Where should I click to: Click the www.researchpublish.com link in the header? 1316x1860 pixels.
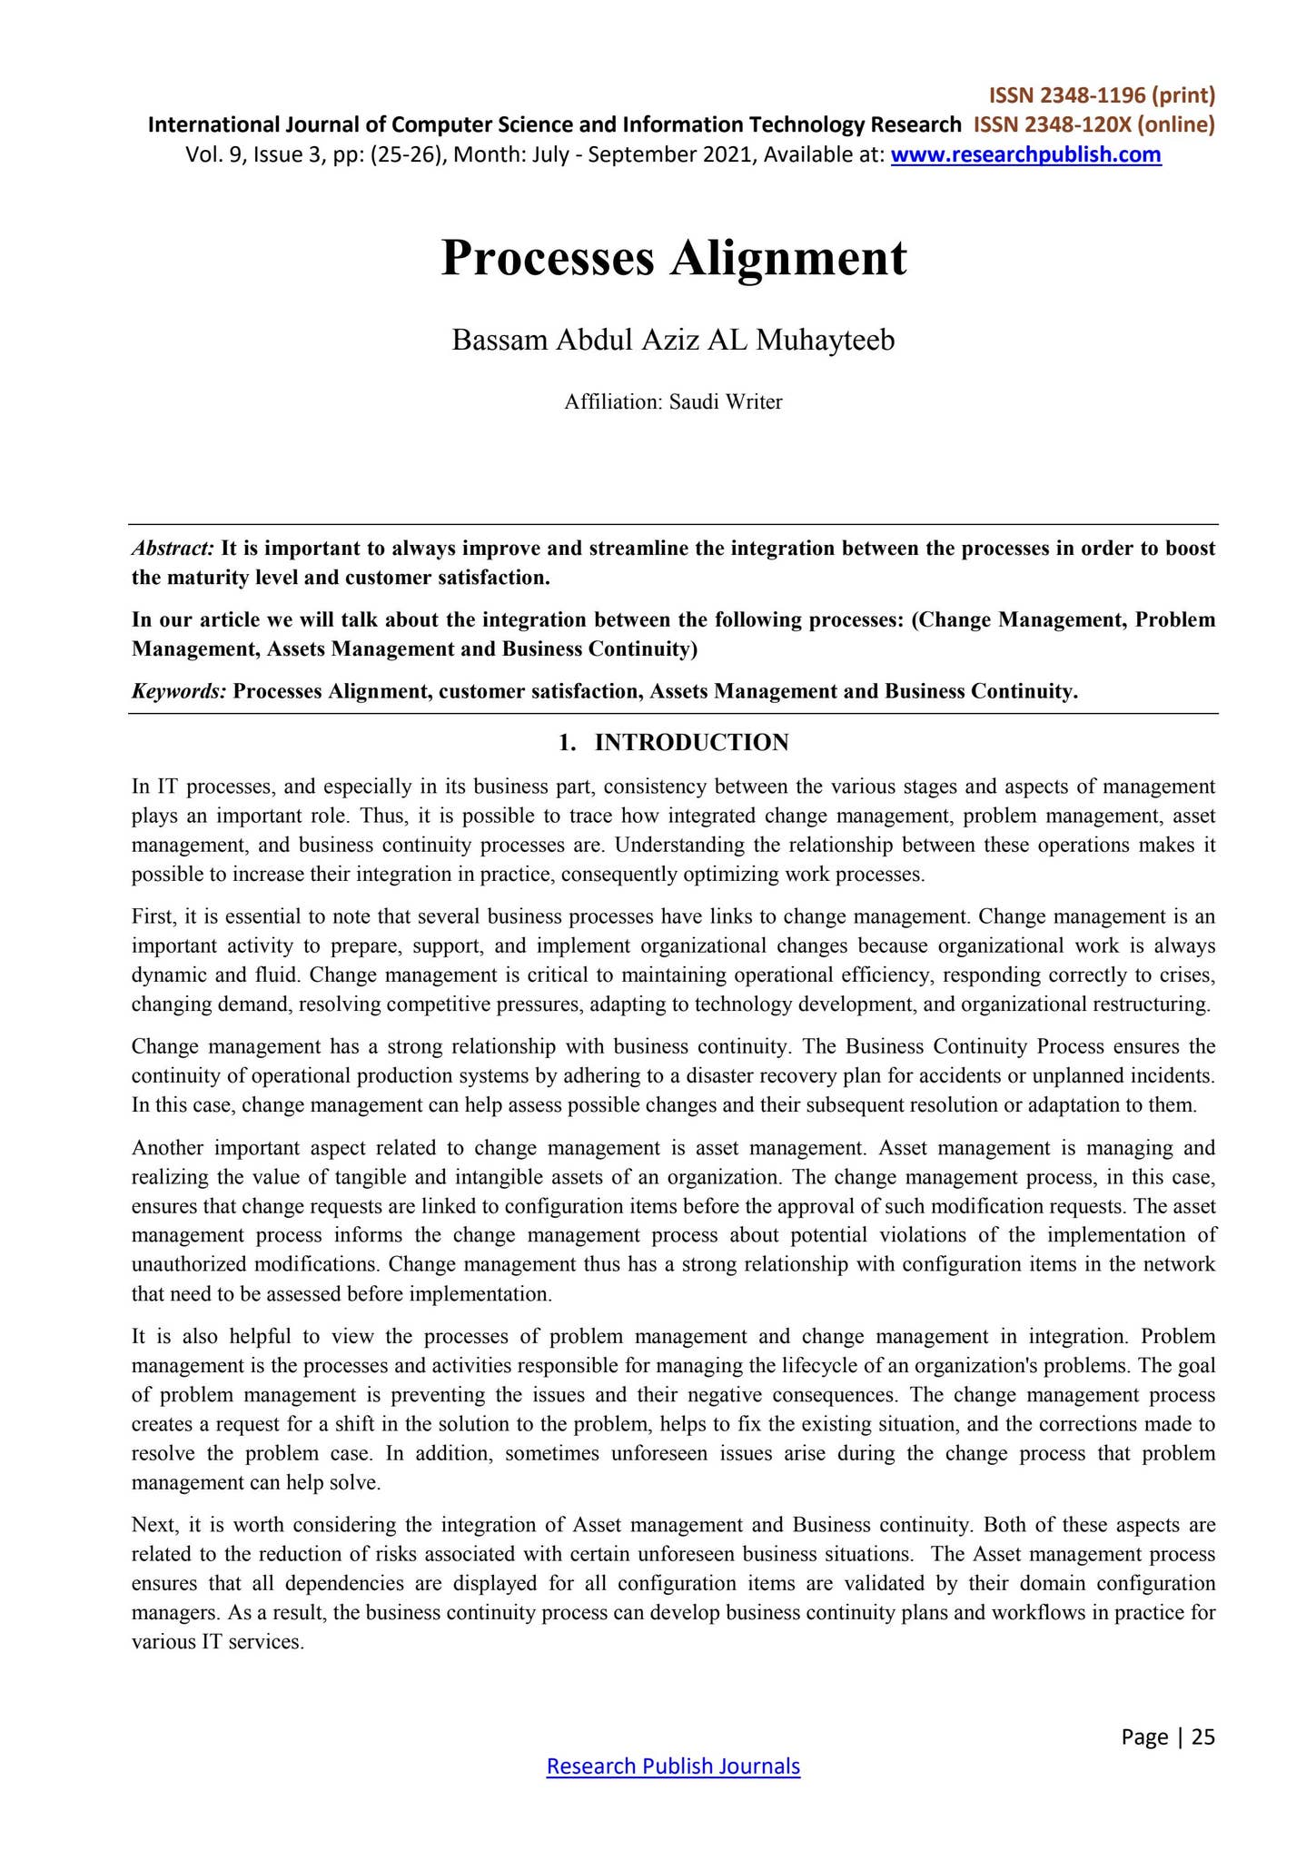(x=1025, y=154)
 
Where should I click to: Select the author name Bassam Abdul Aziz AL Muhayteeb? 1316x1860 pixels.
(x=673, y=341)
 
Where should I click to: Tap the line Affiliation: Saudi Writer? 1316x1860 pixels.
(x=673, y=401)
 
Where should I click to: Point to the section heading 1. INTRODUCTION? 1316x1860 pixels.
(x=673, y=743)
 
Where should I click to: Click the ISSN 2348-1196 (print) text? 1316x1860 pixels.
(x=1101, y=95)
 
